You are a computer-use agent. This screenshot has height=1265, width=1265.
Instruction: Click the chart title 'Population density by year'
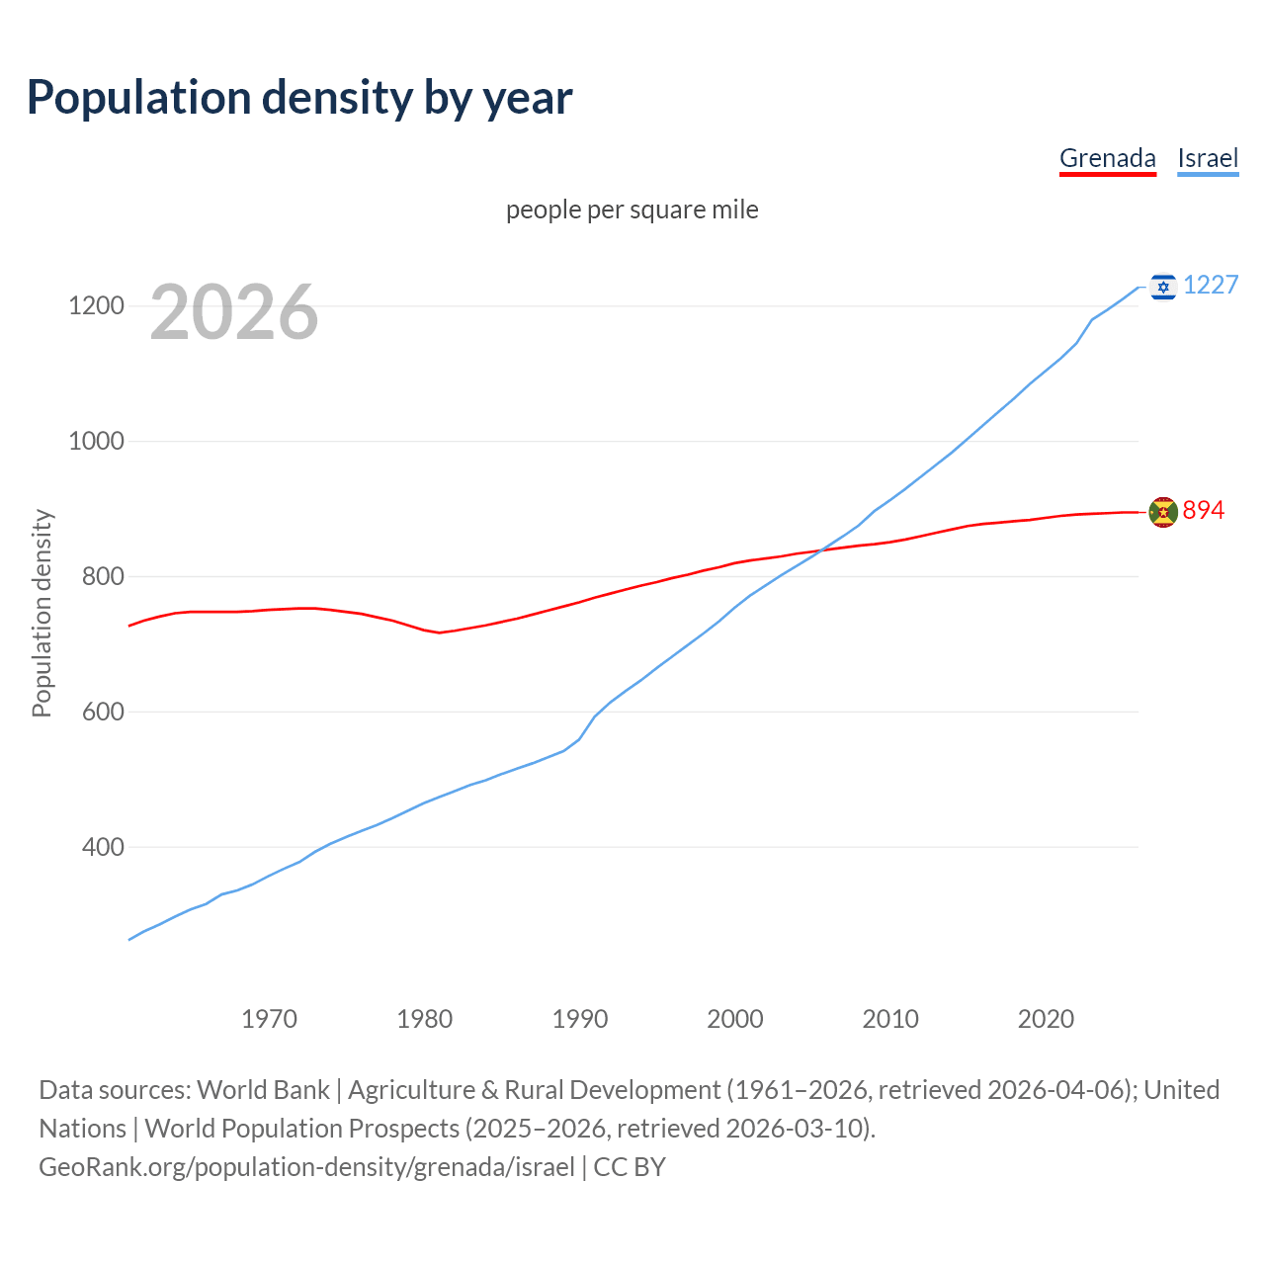[x=299, y=98]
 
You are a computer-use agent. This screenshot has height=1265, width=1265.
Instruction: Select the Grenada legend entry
[x=1107, y=158]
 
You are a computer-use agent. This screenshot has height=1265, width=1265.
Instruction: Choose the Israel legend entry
[x=1208, y=158]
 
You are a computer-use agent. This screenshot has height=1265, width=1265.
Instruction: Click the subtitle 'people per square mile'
[x=632, y=210]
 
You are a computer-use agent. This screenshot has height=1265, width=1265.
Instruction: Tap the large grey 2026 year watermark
[x=234, y=312]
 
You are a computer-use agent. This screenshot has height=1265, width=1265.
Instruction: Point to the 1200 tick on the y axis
[x=96, y=306]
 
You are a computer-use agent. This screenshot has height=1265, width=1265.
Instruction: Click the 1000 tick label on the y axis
[x=96, y=442]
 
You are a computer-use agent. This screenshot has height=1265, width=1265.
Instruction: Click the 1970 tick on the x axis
[x=269, y=1019]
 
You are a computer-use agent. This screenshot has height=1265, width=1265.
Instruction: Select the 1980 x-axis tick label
[x=424, y=1019]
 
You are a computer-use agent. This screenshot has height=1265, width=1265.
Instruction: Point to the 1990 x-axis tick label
[x=580, y=1019]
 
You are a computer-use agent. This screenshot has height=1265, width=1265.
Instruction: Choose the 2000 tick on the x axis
[x=735, y=1019]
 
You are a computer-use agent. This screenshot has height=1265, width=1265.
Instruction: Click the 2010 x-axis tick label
[x=890, y=1019]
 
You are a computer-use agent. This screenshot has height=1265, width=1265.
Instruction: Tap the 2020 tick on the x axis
[x=1046, y=1019]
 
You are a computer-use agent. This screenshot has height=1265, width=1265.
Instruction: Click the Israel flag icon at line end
[x=1163, y=287]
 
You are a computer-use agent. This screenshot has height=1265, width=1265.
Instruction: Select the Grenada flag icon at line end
[x=1163, y=512]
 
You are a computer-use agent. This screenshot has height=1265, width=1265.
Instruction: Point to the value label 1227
[x=1211, y=286]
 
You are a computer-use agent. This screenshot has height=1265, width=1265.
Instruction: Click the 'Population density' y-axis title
[x=42, y=613]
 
